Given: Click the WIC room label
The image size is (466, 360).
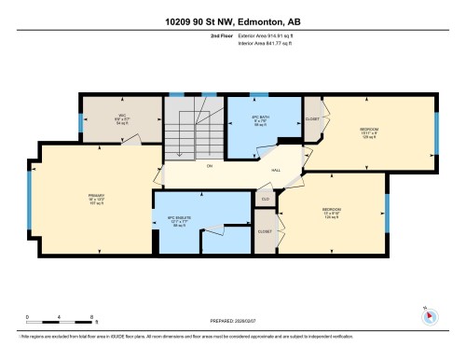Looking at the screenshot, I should point(95,117).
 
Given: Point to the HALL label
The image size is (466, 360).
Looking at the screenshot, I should point(276,170).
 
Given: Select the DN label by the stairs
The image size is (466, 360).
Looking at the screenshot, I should point(209,165).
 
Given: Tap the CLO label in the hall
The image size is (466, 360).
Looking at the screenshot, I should point(265,198).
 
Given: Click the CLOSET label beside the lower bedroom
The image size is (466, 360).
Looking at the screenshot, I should point(265,229).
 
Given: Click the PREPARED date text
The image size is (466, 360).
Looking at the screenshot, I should point(233,320).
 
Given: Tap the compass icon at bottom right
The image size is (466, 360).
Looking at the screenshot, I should point(429,314).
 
